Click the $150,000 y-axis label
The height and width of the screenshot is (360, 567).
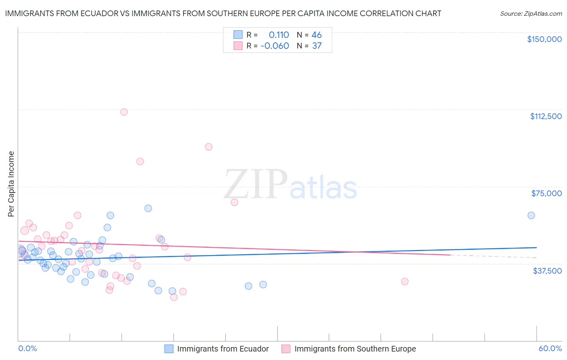[x=544, y=39]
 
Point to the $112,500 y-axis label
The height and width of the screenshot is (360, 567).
[x=546, y=116]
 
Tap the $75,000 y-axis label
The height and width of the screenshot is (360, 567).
[x=546, y=193]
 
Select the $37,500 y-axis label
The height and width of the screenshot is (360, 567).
[x=547, y=271]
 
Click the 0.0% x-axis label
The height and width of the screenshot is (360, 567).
[x=27, y=348]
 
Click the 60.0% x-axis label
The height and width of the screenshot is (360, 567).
[x=550, y=348]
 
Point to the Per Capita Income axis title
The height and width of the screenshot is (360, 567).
[x=11, y=184]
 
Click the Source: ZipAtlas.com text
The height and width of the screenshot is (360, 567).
[x=531, y=13]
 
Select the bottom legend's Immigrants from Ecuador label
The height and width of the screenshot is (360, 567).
[x=223, y=349]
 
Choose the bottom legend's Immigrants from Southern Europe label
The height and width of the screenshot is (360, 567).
[x=355, y=349]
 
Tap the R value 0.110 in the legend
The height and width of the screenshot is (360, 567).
[x=279, y=35]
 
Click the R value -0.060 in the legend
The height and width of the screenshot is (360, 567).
[x=275, y=46]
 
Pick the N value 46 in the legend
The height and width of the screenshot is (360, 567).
[x=317, y=35]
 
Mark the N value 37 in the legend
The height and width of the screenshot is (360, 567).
[x=317, y=46]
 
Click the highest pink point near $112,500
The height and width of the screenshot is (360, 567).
[x=124, y=112]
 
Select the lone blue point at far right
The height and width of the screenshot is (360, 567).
[x=531, y=216]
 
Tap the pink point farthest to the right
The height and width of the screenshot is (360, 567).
[x=404, y=281]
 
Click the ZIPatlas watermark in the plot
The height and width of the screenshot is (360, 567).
[x=290, y=185]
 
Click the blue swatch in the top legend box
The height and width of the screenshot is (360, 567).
[x=238, y=35]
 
